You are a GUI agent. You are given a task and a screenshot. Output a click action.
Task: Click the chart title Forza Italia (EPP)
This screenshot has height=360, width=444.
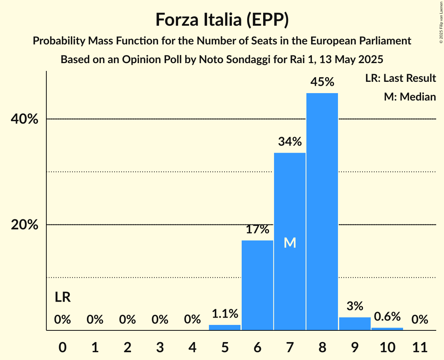222,20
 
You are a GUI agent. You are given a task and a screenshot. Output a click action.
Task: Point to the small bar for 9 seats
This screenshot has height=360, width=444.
355,324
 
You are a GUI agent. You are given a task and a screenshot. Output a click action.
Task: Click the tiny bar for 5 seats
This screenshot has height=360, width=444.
225,328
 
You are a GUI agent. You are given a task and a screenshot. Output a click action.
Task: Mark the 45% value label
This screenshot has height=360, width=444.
322,82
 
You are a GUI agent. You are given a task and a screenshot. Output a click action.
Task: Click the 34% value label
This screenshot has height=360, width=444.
290,142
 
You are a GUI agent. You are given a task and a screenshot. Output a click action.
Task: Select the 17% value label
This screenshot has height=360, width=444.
257,229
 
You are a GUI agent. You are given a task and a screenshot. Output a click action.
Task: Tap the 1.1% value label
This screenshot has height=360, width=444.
225,314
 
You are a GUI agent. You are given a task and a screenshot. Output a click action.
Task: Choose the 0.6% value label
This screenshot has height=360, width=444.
387,317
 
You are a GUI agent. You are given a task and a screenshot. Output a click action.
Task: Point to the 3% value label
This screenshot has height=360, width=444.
355,306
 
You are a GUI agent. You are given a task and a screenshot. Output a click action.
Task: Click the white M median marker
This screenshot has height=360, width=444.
290,243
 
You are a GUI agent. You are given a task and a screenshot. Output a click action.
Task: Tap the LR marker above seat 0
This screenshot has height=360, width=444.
62,298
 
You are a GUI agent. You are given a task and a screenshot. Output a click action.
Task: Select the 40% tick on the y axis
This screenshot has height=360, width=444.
25,119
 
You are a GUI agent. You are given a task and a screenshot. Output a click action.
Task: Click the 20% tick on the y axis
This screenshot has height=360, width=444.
25,225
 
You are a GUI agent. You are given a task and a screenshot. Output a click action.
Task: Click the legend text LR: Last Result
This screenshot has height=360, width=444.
400,78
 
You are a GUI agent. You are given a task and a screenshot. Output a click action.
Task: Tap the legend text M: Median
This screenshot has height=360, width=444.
410,97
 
